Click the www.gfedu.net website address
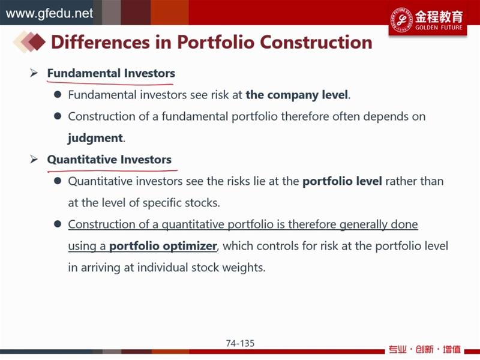point(49,13)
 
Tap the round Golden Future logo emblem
point(401,20)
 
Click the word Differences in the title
point(100,42)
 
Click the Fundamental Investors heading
point(111,73)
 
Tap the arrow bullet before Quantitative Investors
point(34,159)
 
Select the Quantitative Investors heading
point(109,160)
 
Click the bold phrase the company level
point(297,95)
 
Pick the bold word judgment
point(95,138)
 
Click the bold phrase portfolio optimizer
point(163,246)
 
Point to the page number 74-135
point(241,343)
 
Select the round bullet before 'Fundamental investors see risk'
point(58,94)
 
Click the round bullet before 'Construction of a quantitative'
point(58,224)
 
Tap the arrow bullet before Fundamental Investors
point(34,73)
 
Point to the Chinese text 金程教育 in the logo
point(439,17)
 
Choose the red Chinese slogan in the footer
point(425,349)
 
